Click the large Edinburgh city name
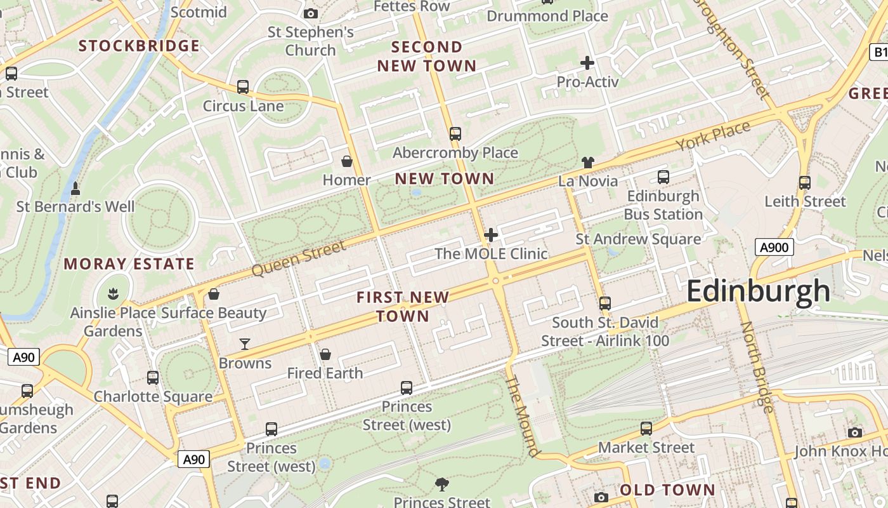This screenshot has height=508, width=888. [x=758, y=291]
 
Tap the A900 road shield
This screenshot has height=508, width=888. [x=774, y=247]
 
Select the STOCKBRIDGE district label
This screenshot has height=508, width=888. [x=139, y=46]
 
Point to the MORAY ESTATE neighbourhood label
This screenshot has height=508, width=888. [x=129, y=264]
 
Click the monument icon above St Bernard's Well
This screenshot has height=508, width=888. [x=75, y=189]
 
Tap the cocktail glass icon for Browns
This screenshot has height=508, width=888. [x=245, y=345]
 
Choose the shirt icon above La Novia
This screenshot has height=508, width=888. [x=587, y=163]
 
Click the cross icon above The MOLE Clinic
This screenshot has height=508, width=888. [x=490, y=236]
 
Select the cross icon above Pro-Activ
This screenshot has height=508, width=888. [x=587, y=63]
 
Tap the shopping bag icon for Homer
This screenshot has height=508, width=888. [x=347, y=162]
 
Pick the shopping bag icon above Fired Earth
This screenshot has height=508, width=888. [x=325, y=354]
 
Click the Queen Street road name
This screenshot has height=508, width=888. [x=299, y=258]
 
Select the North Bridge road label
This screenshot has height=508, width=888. [x=756, y=367]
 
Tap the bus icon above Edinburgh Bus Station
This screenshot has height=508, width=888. [x=663, y=177]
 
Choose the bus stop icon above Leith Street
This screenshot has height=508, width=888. [x=805, y=183]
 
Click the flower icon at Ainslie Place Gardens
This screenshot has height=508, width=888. [x=113, y=294]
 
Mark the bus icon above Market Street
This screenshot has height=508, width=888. [x=646, y=429]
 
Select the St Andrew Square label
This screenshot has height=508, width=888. [x=638, y=239]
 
